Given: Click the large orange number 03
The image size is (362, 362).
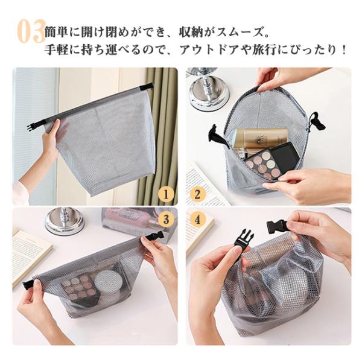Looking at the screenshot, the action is coord(31,31).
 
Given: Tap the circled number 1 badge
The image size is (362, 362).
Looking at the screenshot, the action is coord(166,195).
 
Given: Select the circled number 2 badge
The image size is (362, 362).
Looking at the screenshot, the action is coord(197,195).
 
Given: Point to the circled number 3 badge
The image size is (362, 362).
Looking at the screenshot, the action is coord(167,220).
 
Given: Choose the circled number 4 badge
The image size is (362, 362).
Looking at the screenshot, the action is coord(197,220).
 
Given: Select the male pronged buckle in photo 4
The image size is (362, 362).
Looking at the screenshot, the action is coord(242,240).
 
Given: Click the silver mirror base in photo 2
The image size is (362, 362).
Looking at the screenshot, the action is coord(209,92).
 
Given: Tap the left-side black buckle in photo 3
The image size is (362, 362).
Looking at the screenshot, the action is coord(29,284).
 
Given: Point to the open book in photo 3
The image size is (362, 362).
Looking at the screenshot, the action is coord(29,254).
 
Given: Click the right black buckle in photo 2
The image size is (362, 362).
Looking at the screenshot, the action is coord(317,122).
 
